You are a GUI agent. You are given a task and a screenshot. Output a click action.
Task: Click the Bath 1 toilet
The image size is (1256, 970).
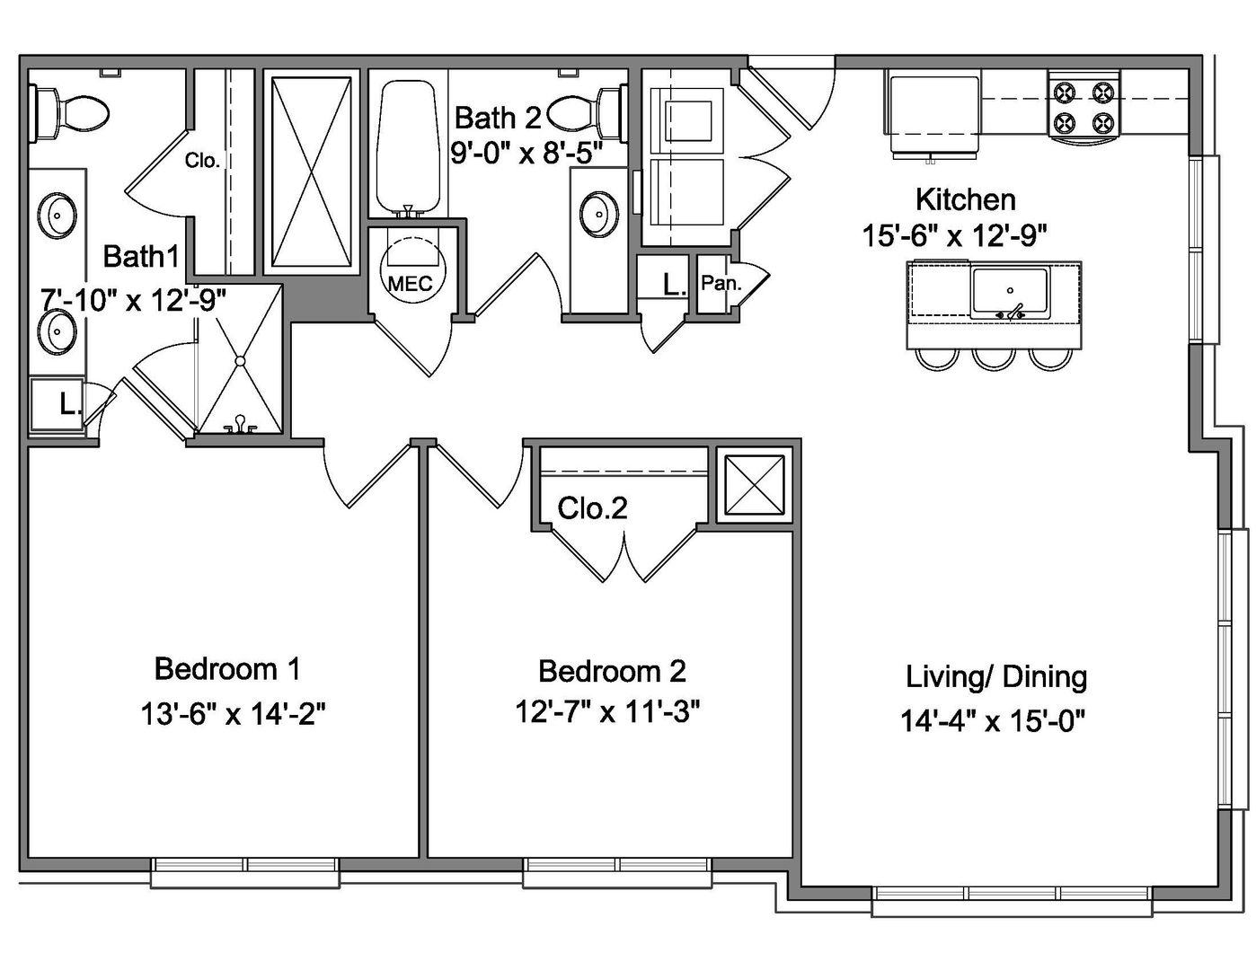(69, 113)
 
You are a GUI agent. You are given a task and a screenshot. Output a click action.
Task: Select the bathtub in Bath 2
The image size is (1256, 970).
(408, 148)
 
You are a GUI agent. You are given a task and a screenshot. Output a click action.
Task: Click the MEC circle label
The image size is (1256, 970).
(411, 283)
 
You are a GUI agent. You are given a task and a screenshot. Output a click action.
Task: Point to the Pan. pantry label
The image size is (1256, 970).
(721, 283)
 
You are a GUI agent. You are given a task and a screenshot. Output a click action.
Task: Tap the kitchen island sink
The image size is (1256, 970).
(1009, 293)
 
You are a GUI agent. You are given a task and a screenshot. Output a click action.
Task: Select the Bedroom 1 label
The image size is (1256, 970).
(227, 669)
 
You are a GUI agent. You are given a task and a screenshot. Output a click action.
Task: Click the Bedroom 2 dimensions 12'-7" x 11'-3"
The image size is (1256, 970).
(607, 711)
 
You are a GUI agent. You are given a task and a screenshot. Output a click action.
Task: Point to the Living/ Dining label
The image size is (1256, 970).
(995, 677)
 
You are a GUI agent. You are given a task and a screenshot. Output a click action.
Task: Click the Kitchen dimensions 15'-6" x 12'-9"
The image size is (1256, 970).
(955, 235)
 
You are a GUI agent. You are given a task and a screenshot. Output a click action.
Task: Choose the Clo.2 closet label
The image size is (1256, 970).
(592, 508)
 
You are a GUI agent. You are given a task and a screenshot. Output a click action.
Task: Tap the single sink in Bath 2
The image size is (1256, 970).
(599, 215)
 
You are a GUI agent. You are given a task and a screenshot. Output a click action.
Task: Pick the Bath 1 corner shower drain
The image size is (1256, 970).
(240, 360)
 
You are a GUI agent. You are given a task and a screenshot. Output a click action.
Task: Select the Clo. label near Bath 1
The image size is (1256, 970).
(202, 160)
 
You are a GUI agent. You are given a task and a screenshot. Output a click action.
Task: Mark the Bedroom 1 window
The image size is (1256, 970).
(245, 872)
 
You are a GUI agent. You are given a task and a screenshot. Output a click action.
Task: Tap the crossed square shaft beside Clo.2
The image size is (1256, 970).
(755, 485)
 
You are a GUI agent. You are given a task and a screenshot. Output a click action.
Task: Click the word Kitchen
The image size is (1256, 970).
(966, 200)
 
